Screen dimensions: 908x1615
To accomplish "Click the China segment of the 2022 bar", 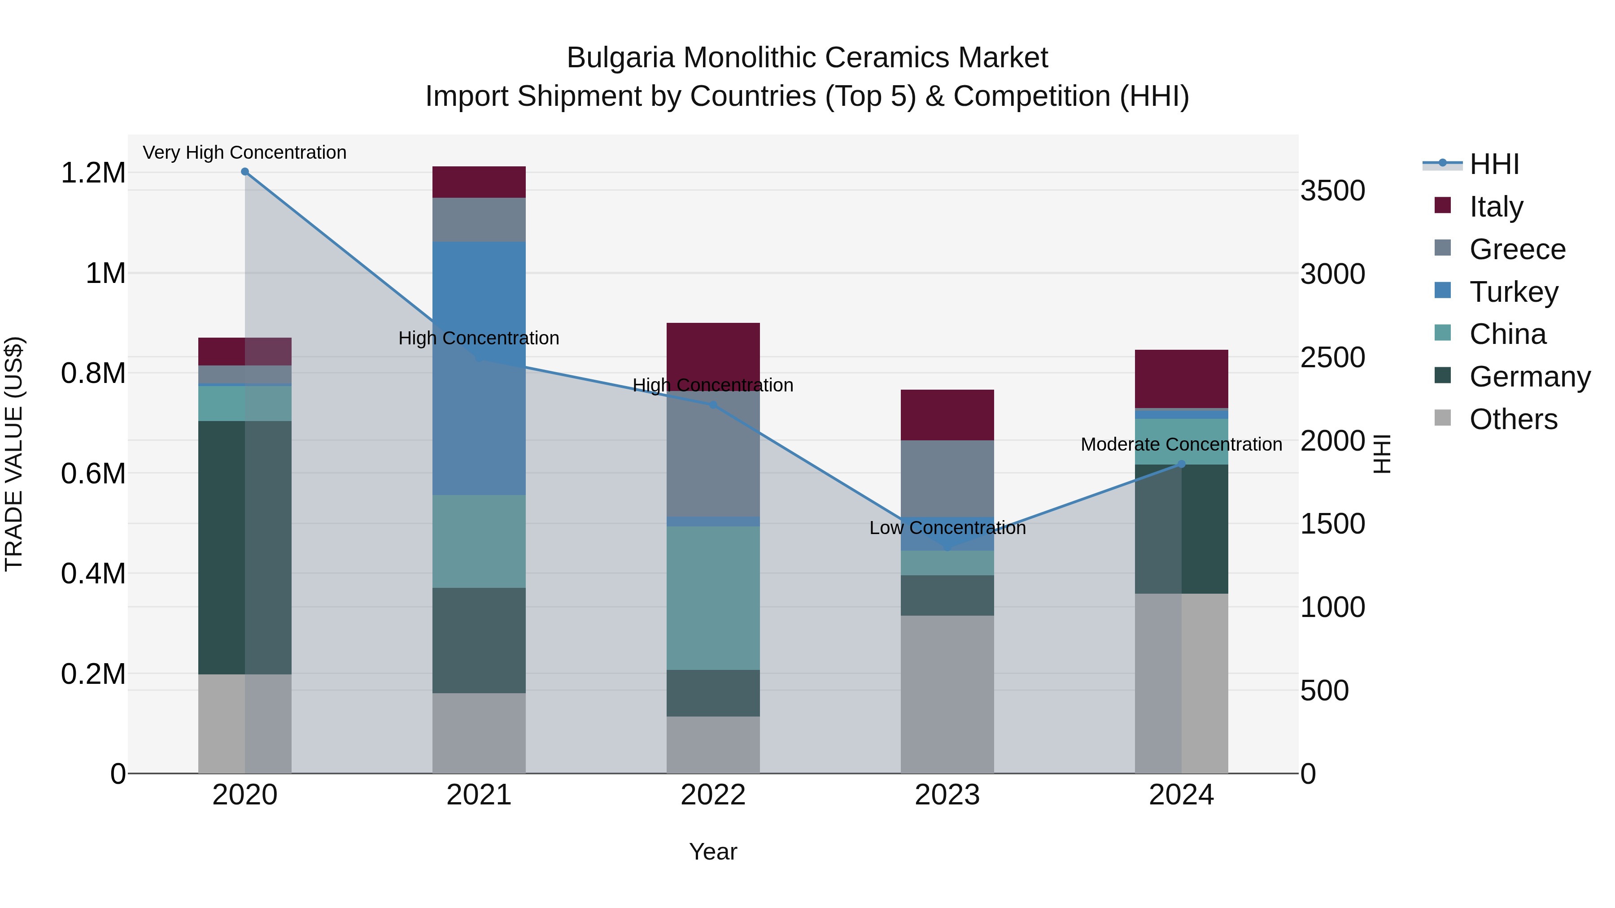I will pos(713,597).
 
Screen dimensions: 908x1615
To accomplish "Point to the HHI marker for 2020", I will pos(245,172).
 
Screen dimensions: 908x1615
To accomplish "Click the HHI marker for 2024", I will pos(1181,465).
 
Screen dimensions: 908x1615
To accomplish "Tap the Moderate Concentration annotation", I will pos(1181,444).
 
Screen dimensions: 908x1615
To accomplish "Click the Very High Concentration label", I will pos(244,152).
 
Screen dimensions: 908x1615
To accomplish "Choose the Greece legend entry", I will pos(1517,249).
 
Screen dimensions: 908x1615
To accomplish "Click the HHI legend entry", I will pos(1493,164).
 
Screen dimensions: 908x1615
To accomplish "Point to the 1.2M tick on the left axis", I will pos(93,173).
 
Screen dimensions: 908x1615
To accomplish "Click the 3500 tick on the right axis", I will pos(1332,191).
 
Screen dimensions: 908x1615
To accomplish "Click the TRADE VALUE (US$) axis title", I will pos(14,454).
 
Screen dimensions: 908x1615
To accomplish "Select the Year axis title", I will pos(713,852).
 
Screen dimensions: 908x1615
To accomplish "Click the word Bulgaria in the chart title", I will pos(621,58).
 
